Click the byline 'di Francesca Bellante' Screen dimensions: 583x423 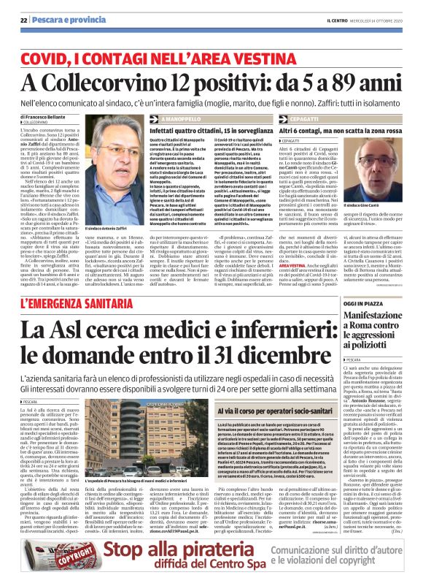pyautogui.click(x=45, y=116)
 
